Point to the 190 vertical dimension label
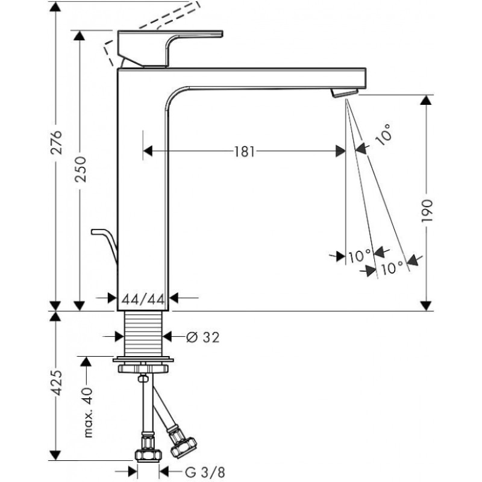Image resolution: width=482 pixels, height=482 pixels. [427, 212]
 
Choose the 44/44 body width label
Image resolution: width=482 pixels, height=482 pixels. [142, 298]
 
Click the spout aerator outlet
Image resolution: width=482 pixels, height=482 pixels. [344, 92]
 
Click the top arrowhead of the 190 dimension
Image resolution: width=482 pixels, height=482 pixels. [427, 101]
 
